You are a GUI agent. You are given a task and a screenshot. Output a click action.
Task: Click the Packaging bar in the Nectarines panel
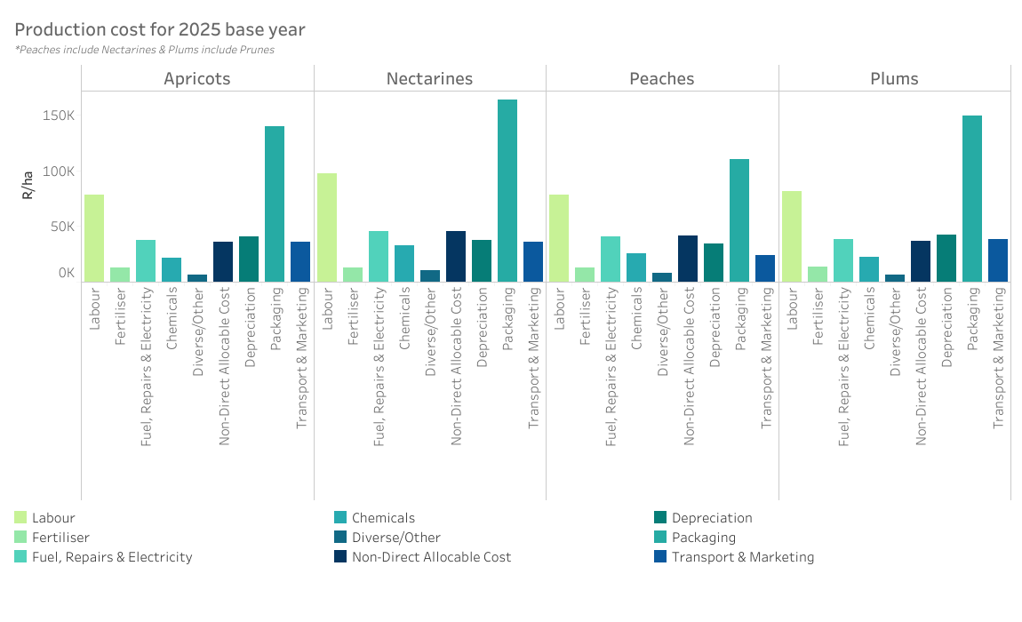pos(507,190)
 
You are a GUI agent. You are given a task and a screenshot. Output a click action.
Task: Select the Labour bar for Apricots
pos(94,238)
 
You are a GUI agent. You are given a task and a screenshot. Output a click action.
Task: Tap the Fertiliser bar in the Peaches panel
pos(585,275)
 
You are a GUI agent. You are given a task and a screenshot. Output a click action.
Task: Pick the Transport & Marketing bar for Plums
pos(998,260)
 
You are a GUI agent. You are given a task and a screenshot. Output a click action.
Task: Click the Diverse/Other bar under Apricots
pos(197,278)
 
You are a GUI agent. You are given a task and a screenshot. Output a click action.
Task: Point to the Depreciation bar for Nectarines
pos(482,261)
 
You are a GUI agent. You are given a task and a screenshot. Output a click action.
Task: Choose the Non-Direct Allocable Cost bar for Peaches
pos(688,259)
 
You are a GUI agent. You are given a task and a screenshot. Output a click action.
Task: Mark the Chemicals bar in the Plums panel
pos(869,269)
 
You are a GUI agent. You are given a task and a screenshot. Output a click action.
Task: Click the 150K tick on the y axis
pos(58,116)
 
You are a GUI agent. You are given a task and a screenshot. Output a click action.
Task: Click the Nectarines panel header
pos(429,79)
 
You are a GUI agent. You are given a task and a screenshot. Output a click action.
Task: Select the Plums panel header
pos(894,79)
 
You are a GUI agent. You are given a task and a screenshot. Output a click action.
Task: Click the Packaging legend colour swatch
pos(660,538)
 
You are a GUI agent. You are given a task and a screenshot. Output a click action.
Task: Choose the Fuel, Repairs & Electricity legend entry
pos(112,557)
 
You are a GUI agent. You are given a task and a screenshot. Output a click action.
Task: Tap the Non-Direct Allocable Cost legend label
pos(431,557)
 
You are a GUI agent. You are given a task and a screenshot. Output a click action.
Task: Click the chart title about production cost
pos(160,29)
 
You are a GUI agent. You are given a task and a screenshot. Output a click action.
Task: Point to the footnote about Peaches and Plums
pos(144,50)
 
